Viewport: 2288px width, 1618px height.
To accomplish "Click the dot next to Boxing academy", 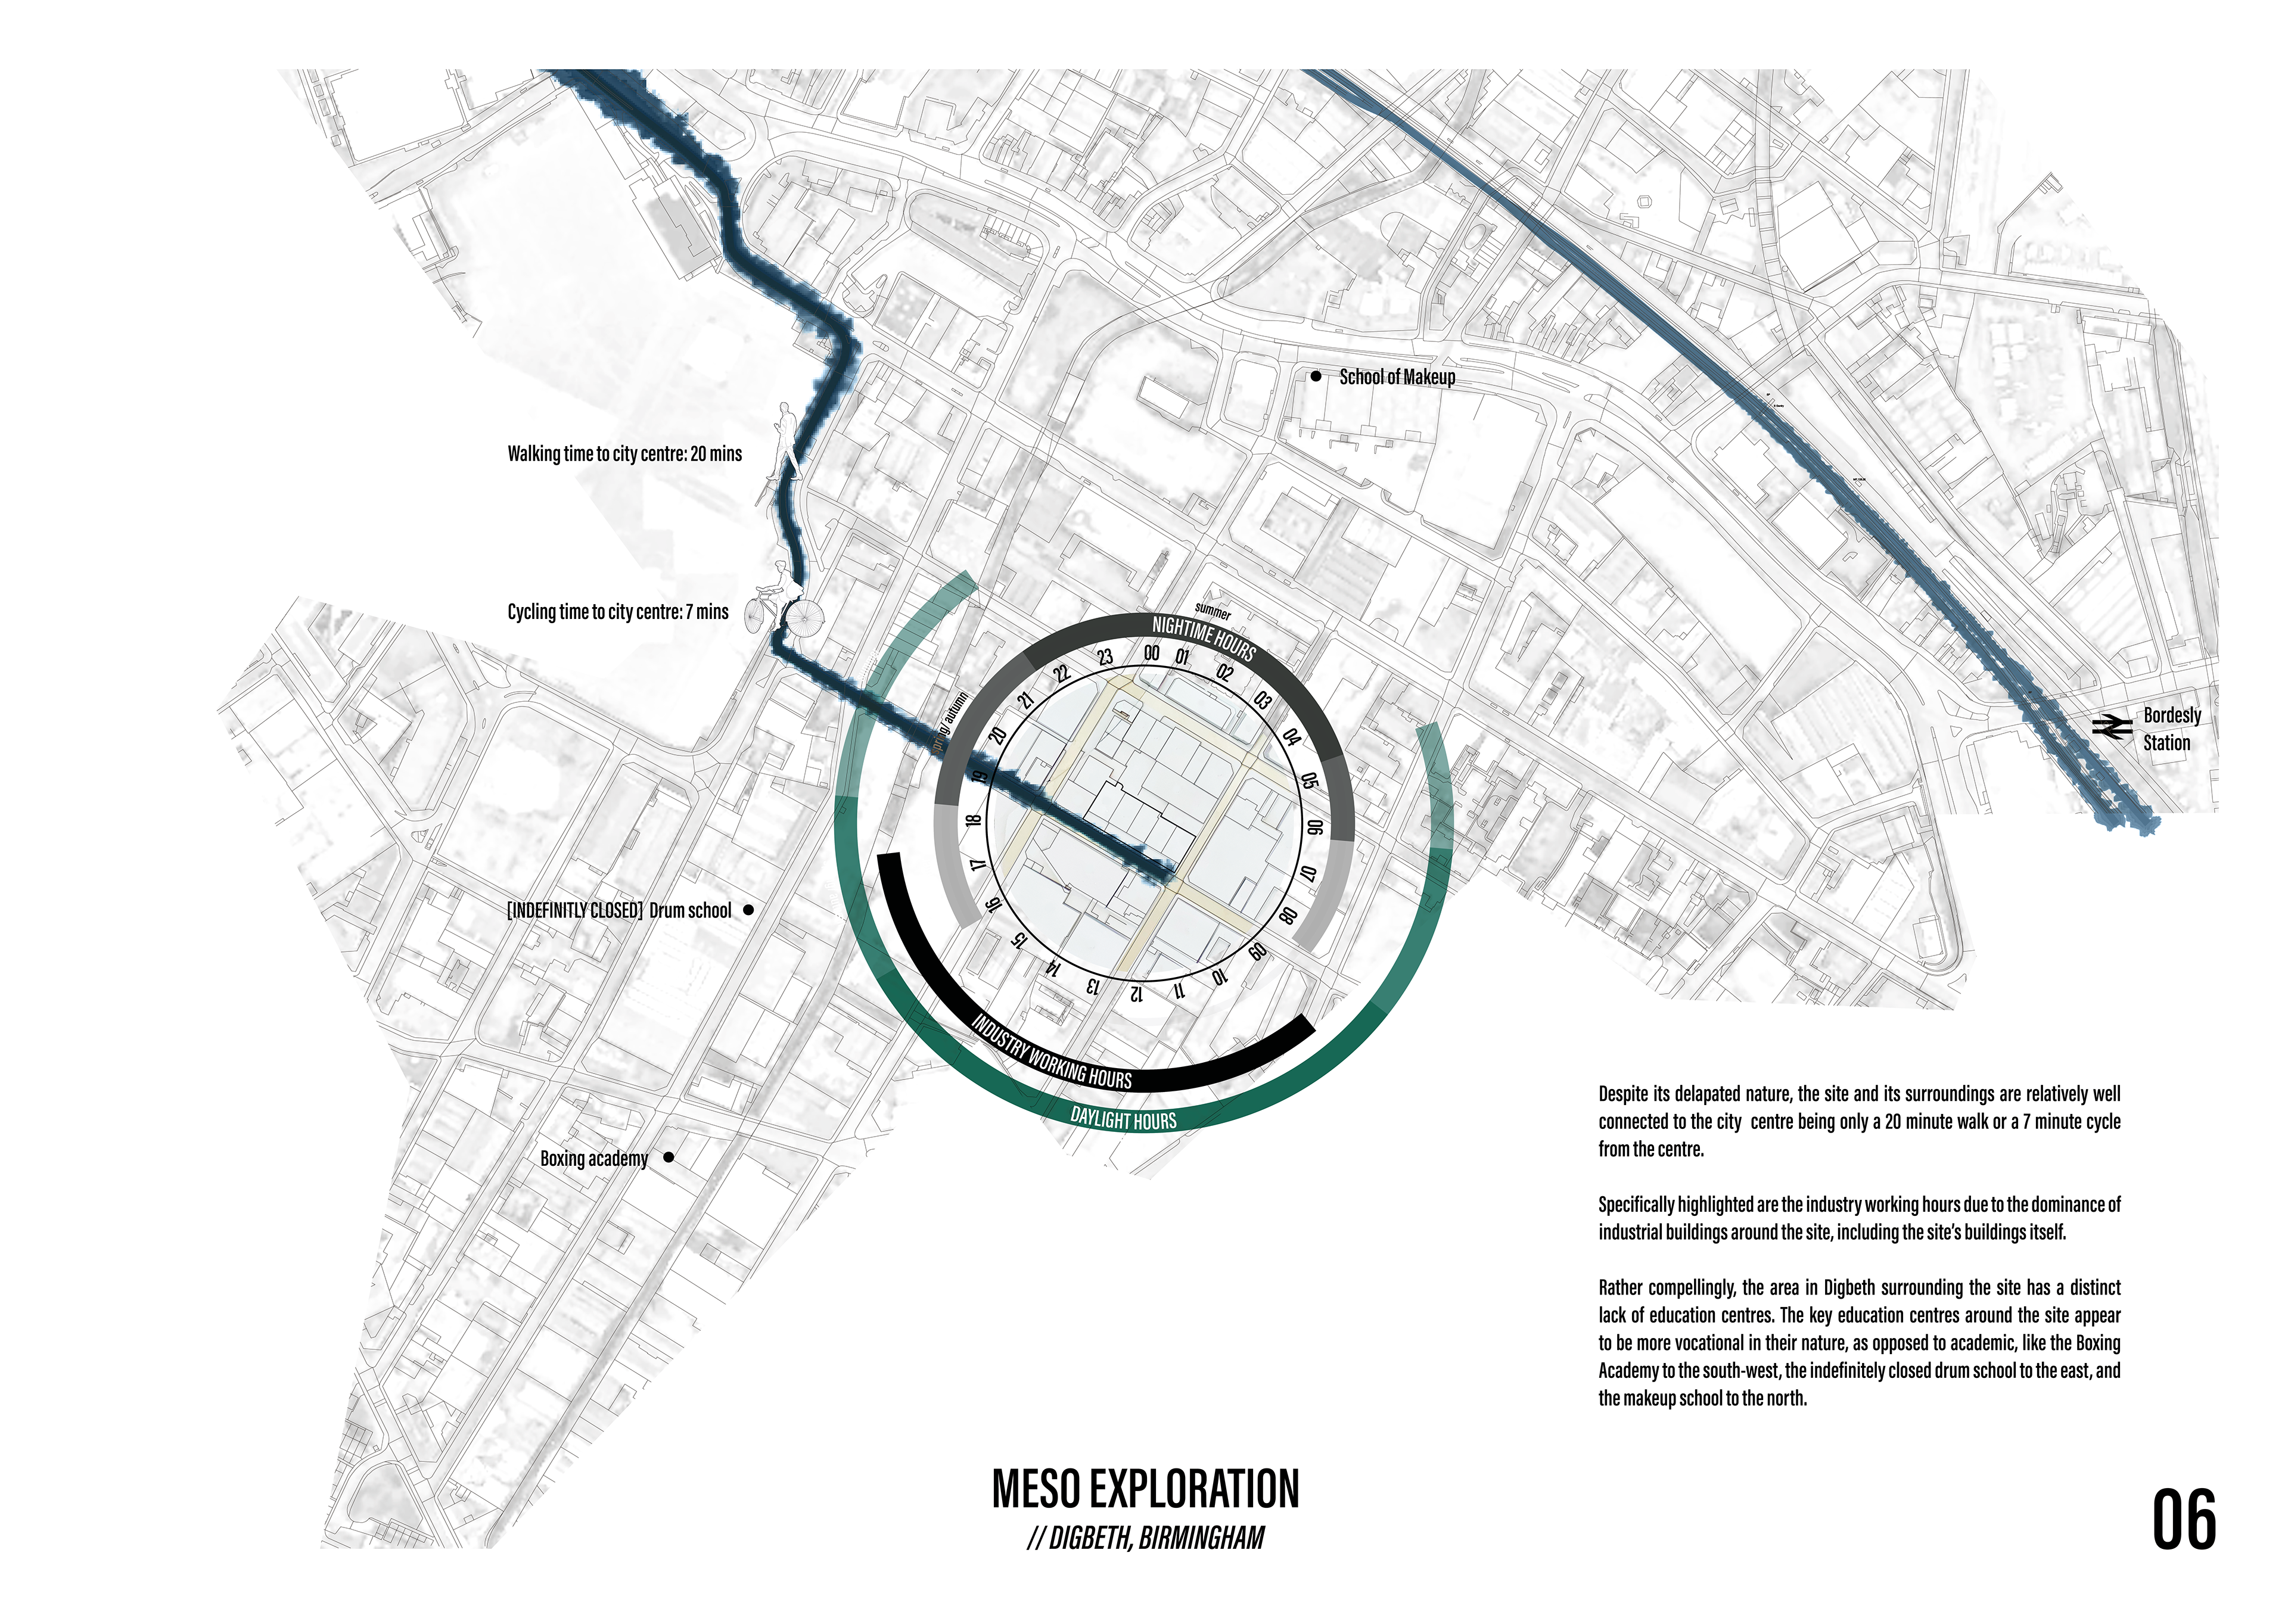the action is tap(669, 1157).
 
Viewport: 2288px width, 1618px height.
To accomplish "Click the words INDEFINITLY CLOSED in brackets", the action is tap(575, 911).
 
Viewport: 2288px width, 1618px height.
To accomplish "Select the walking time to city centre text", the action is tap(625, 455).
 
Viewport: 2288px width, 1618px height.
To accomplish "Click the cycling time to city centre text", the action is tap(618, 612).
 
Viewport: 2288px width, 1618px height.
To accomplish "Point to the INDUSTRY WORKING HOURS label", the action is tap(1051, 1052).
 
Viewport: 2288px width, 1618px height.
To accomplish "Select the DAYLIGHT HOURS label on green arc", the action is tap(1123, 1119).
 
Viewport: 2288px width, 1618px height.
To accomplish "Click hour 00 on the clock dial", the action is tap(1151, 654).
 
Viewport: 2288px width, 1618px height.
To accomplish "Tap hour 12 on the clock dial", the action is tap(1136, 992).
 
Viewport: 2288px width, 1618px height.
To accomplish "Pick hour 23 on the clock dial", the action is tap(1105, 658).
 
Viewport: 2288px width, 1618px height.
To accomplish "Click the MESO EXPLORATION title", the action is tap(1145, 1489).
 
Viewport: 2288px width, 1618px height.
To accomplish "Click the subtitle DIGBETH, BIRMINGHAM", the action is tap(1146, 1538).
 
